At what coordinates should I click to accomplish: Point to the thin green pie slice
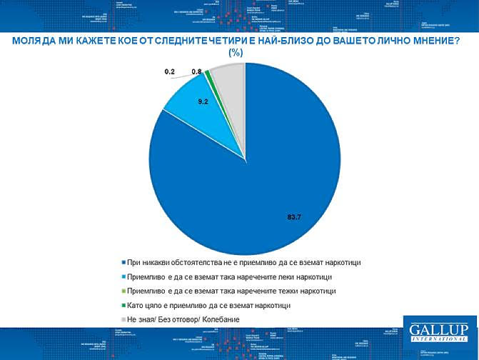click(x=208, y=74)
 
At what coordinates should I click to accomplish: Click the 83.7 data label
click(x=294, y=217)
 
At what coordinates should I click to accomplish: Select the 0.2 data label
click(x=170, y=72)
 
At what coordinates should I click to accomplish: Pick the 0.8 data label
click(x=196, y=72)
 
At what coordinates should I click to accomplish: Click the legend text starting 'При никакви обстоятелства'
click(x=248, y=262)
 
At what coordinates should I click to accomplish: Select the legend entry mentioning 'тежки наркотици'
click(x=233, y=291)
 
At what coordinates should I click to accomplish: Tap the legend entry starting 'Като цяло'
click(x=209, y=305)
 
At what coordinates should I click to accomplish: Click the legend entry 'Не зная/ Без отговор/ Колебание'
click(x=183, y=319)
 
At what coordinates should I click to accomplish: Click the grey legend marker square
click(x=122, y=319)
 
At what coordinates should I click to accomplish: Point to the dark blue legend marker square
click(x=122, y=262)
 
